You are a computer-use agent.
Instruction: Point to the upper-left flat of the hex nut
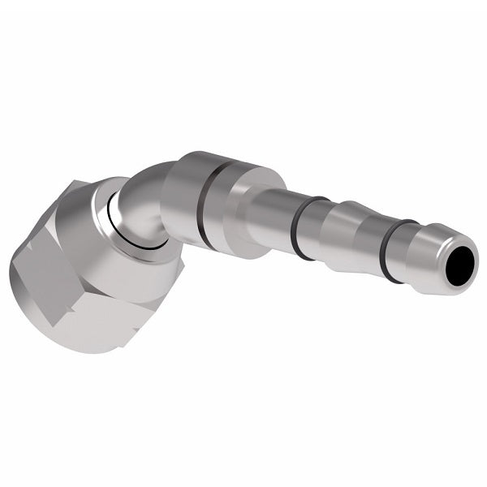57,235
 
